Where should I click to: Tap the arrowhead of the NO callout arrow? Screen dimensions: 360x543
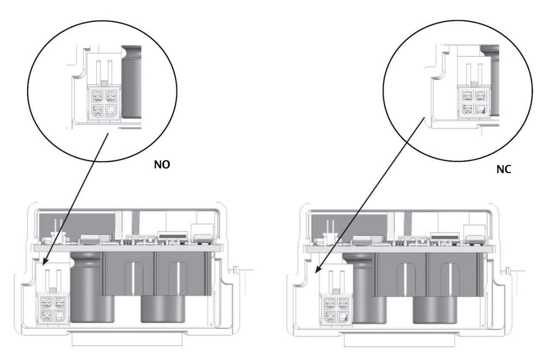(43, 261)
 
